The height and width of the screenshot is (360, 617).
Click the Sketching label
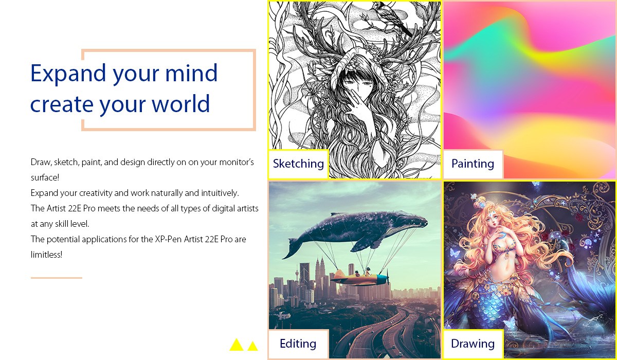point(298,164)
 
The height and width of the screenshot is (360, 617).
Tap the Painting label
point(473,164)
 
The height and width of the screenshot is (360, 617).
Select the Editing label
point(298,344)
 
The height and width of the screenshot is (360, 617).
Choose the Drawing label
point(473,344)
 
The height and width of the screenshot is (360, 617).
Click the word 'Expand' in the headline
point(68,74)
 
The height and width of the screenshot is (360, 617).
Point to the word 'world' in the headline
point(180,104)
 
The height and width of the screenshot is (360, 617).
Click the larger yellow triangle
point(237,345)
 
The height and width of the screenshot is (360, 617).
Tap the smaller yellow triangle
point(252,346)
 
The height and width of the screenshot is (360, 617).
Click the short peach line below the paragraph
point(57,278)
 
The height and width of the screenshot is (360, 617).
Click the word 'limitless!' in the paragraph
point(47,255)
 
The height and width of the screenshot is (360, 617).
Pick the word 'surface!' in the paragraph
point(45,177)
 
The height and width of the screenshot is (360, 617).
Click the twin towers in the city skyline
point(319,273)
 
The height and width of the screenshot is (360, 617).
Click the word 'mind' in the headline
point(191,73)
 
